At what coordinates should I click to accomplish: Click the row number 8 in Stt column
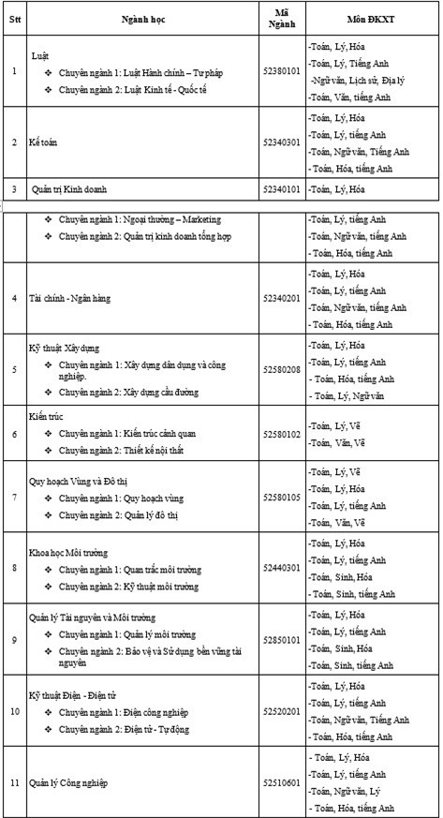(x=14, y=568)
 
